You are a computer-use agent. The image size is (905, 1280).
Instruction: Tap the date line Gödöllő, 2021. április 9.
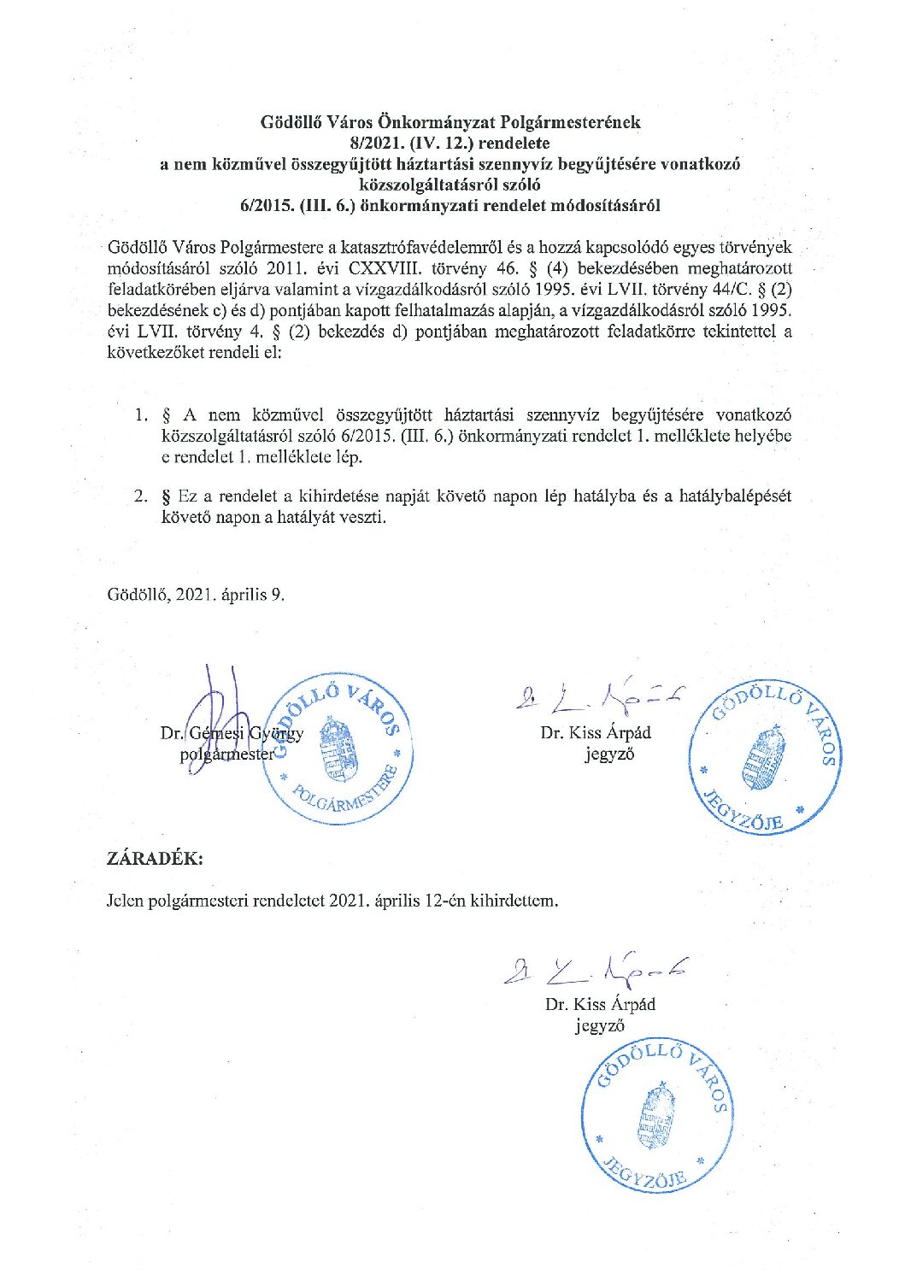tap(196, 595)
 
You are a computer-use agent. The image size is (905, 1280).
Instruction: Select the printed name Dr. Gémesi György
tap(231, 733)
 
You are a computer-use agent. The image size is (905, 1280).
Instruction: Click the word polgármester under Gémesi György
tap(227, 754)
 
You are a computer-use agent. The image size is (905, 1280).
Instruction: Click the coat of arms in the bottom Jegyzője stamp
tap(655, 1119)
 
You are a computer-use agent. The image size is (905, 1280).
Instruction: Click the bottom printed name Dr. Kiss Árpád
tap(600, 1004)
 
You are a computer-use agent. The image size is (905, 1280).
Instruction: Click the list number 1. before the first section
tap(141, 415)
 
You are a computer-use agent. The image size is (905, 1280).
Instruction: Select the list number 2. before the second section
tap(141, 496)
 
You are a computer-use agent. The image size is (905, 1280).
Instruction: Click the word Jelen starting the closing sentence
tap(126, 901)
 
